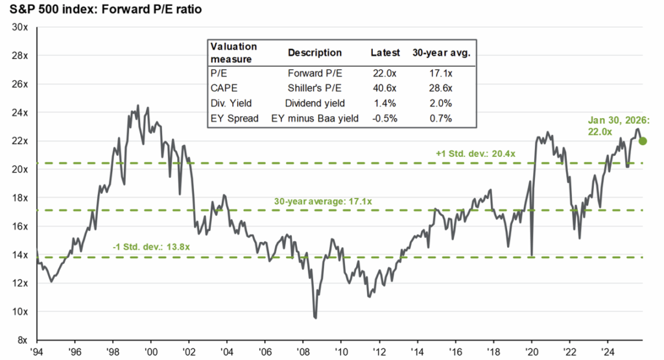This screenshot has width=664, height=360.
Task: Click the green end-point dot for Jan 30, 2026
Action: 643,141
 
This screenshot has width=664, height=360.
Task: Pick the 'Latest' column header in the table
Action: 383,53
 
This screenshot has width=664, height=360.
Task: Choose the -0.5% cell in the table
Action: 383,119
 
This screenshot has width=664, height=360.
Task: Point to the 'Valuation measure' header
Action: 233,52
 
